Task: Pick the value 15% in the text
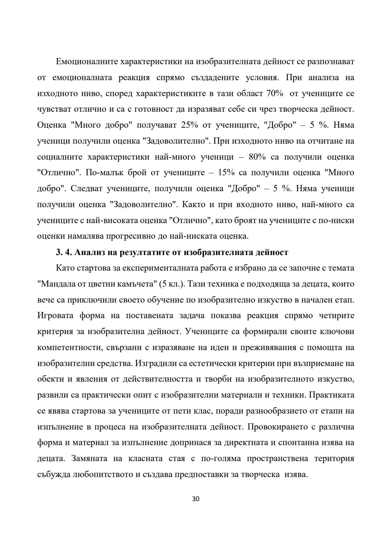point(227,173)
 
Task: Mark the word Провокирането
point(277,427)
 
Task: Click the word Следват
point(86,189)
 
